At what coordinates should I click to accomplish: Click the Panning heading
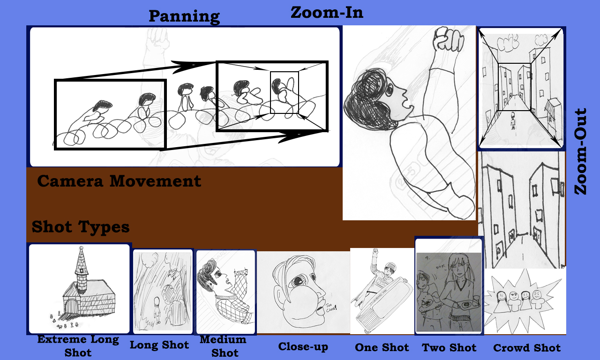point(184,16)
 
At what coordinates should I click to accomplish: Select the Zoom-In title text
point(327,12)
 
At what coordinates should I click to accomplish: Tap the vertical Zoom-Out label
point(581,151)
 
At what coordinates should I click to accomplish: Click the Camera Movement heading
point(119,181)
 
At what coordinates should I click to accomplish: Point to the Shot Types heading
point(81,227)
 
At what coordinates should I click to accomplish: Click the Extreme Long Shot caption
point(78,345)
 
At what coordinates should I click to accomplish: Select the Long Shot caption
point(159,345)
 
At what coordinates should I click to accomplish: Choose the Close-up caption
point(303,347)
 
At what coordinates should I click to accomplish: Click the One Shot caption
point(382,348)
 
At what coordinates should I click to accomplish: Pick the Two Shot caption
point(449,348)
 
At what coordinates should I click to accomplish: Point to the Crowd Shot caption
point(527,348)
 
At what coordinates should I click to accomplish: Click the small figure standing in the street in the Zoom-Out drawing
point(513,121)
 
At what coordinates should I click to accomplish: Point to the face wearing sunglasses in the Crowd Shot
point(513,296)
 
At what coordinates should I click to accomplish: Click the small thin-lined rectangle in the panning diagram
point(284,92)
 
